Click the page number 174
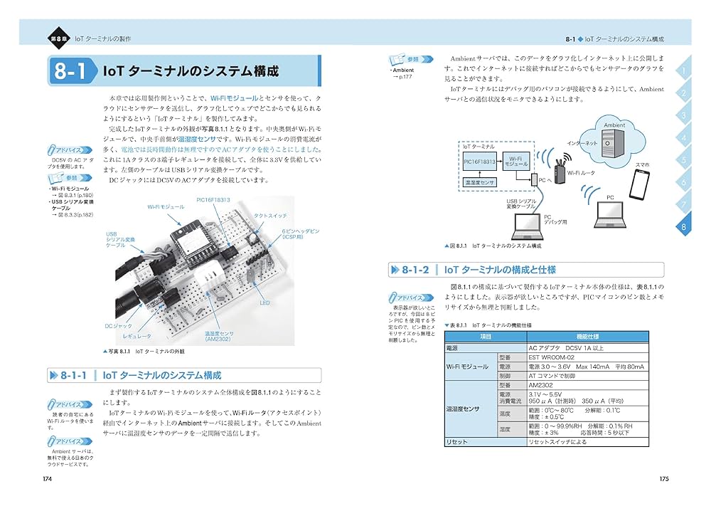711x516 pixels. (x=48, y=478)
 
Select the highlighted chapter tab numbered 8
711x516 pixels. (x=683, y=227)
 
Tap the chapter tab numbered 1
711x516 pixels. (x=683, y=71)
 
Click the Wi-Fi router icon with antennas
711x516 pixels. (x=557, y=168)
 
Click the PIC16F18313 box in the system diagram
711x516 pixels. (x=480, y=162)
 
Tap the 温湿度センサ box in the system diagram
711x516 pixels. (x=479, y=183)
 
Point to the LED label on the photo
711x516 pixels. (x=264, y=302)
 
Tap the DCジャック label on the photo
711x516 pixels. (x=119, y=326)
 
